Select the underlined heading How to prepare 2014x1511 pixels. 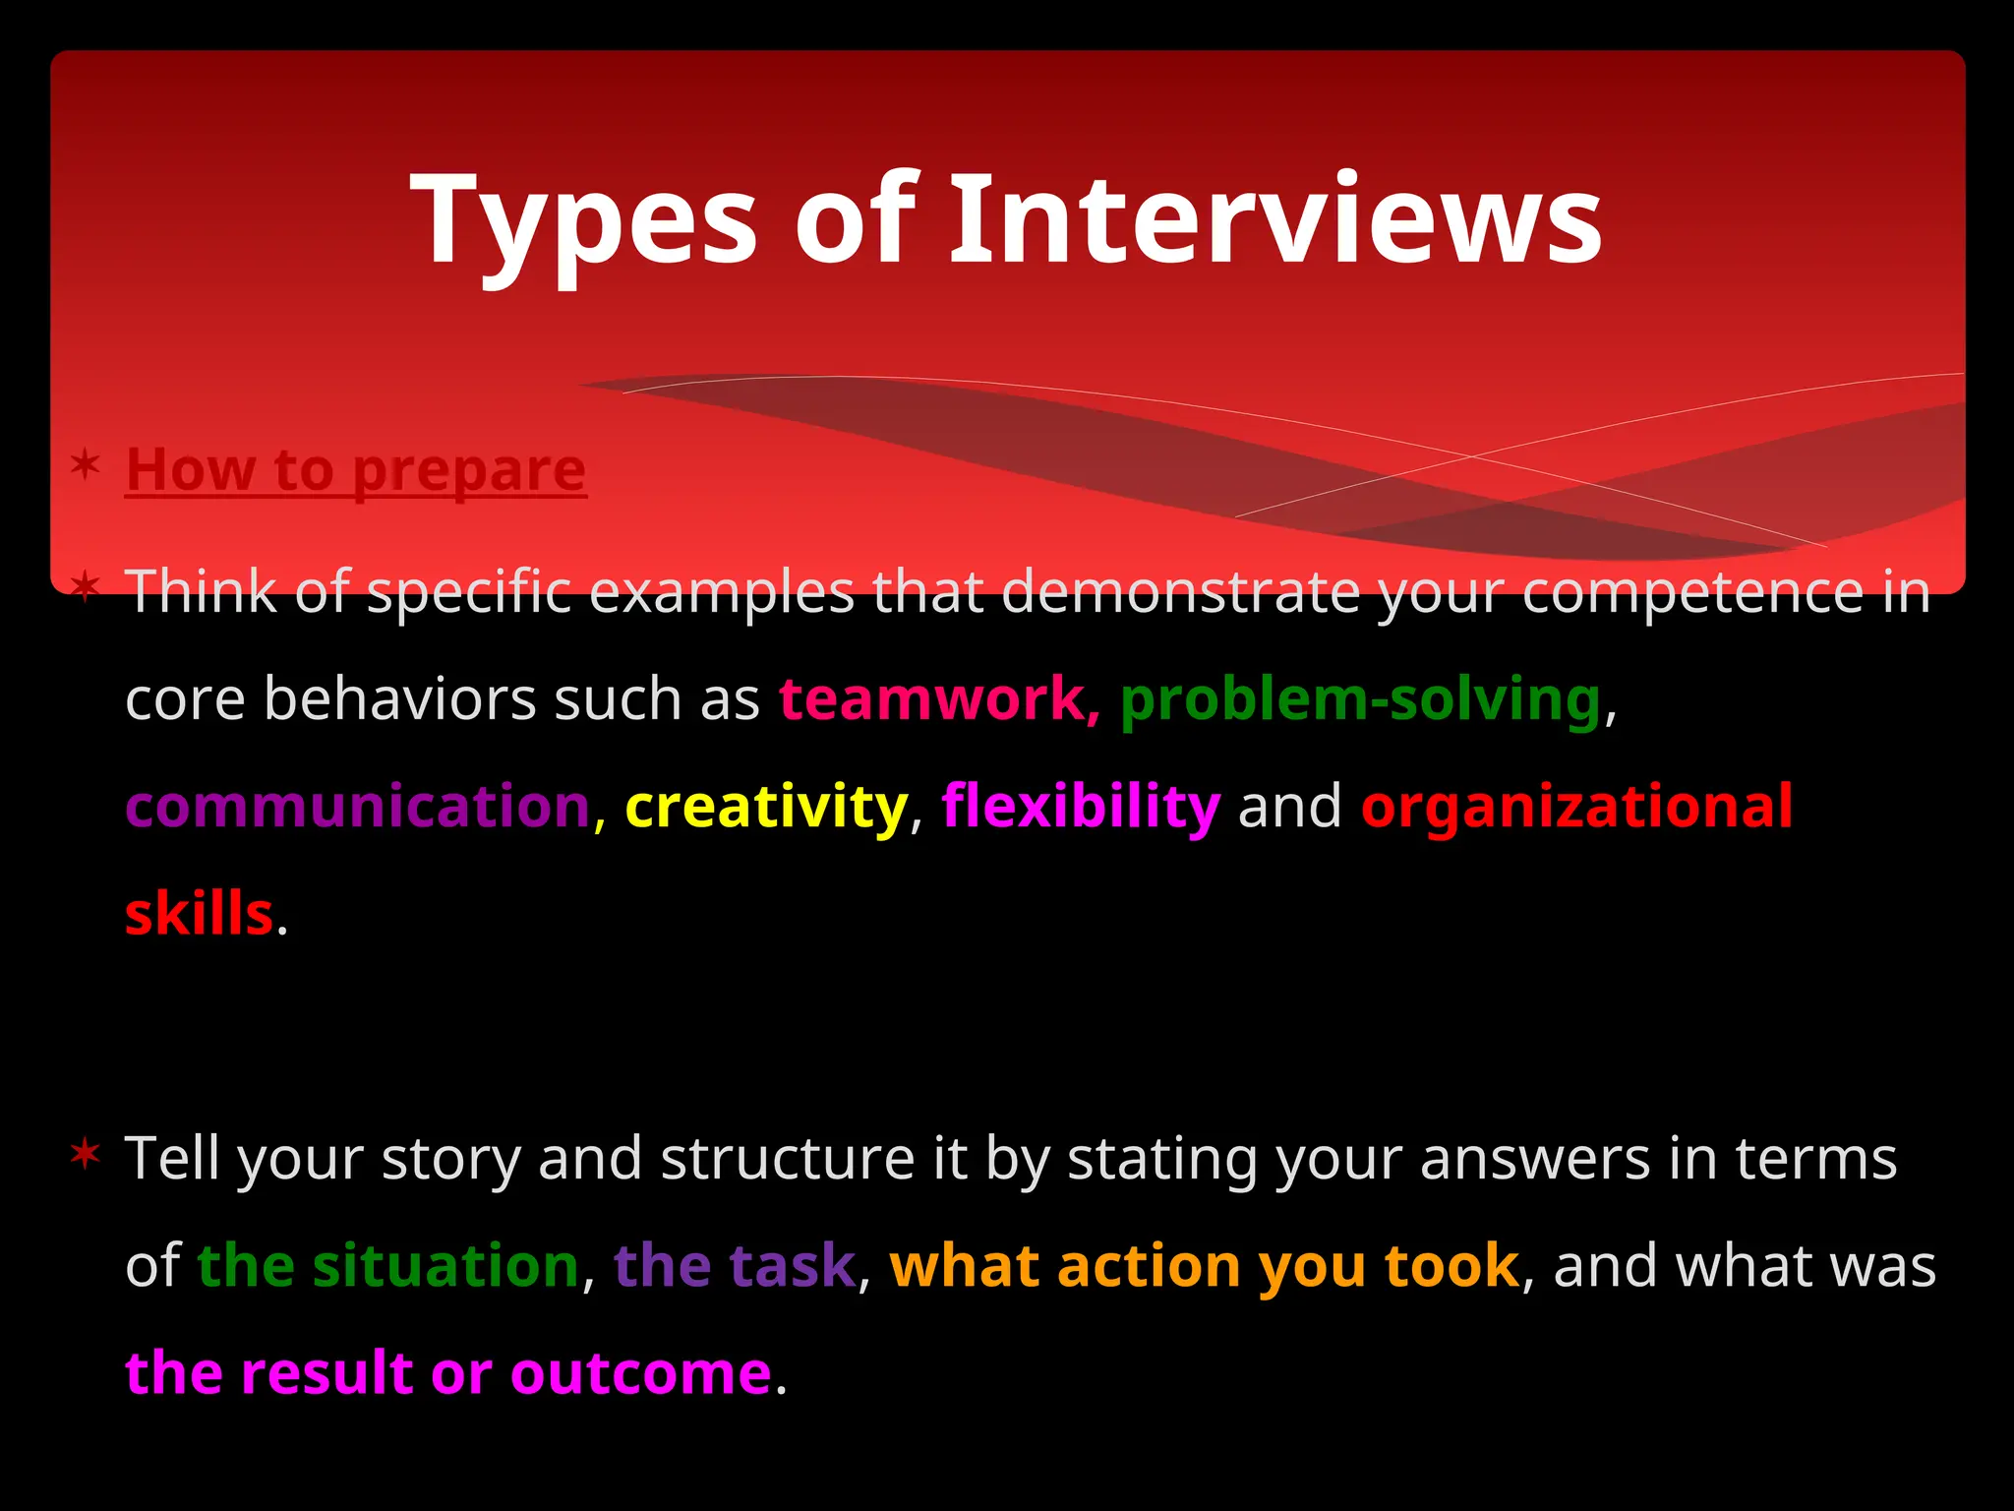(356, 470)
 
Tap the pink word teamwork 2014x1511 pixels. (932, 699)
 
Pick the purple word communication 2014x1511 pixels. (358, 807)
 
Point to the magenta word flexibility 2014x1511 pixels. (1081, 807)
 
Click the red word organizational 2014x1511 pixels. (1576, 807)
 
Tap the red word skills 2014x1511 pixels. (199, 914)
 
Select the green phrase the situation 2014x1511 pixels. (387, 1265)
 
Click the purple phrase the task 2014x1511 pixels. (735, 1265)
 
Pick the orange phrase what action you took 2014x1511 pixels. (1204, 1265)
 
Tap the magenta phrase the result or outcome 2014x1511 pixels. (448, 1373)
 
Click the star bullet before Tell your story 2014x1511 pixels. (86, 1153)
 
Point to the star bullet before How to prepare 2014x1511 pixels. (86, 463)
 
